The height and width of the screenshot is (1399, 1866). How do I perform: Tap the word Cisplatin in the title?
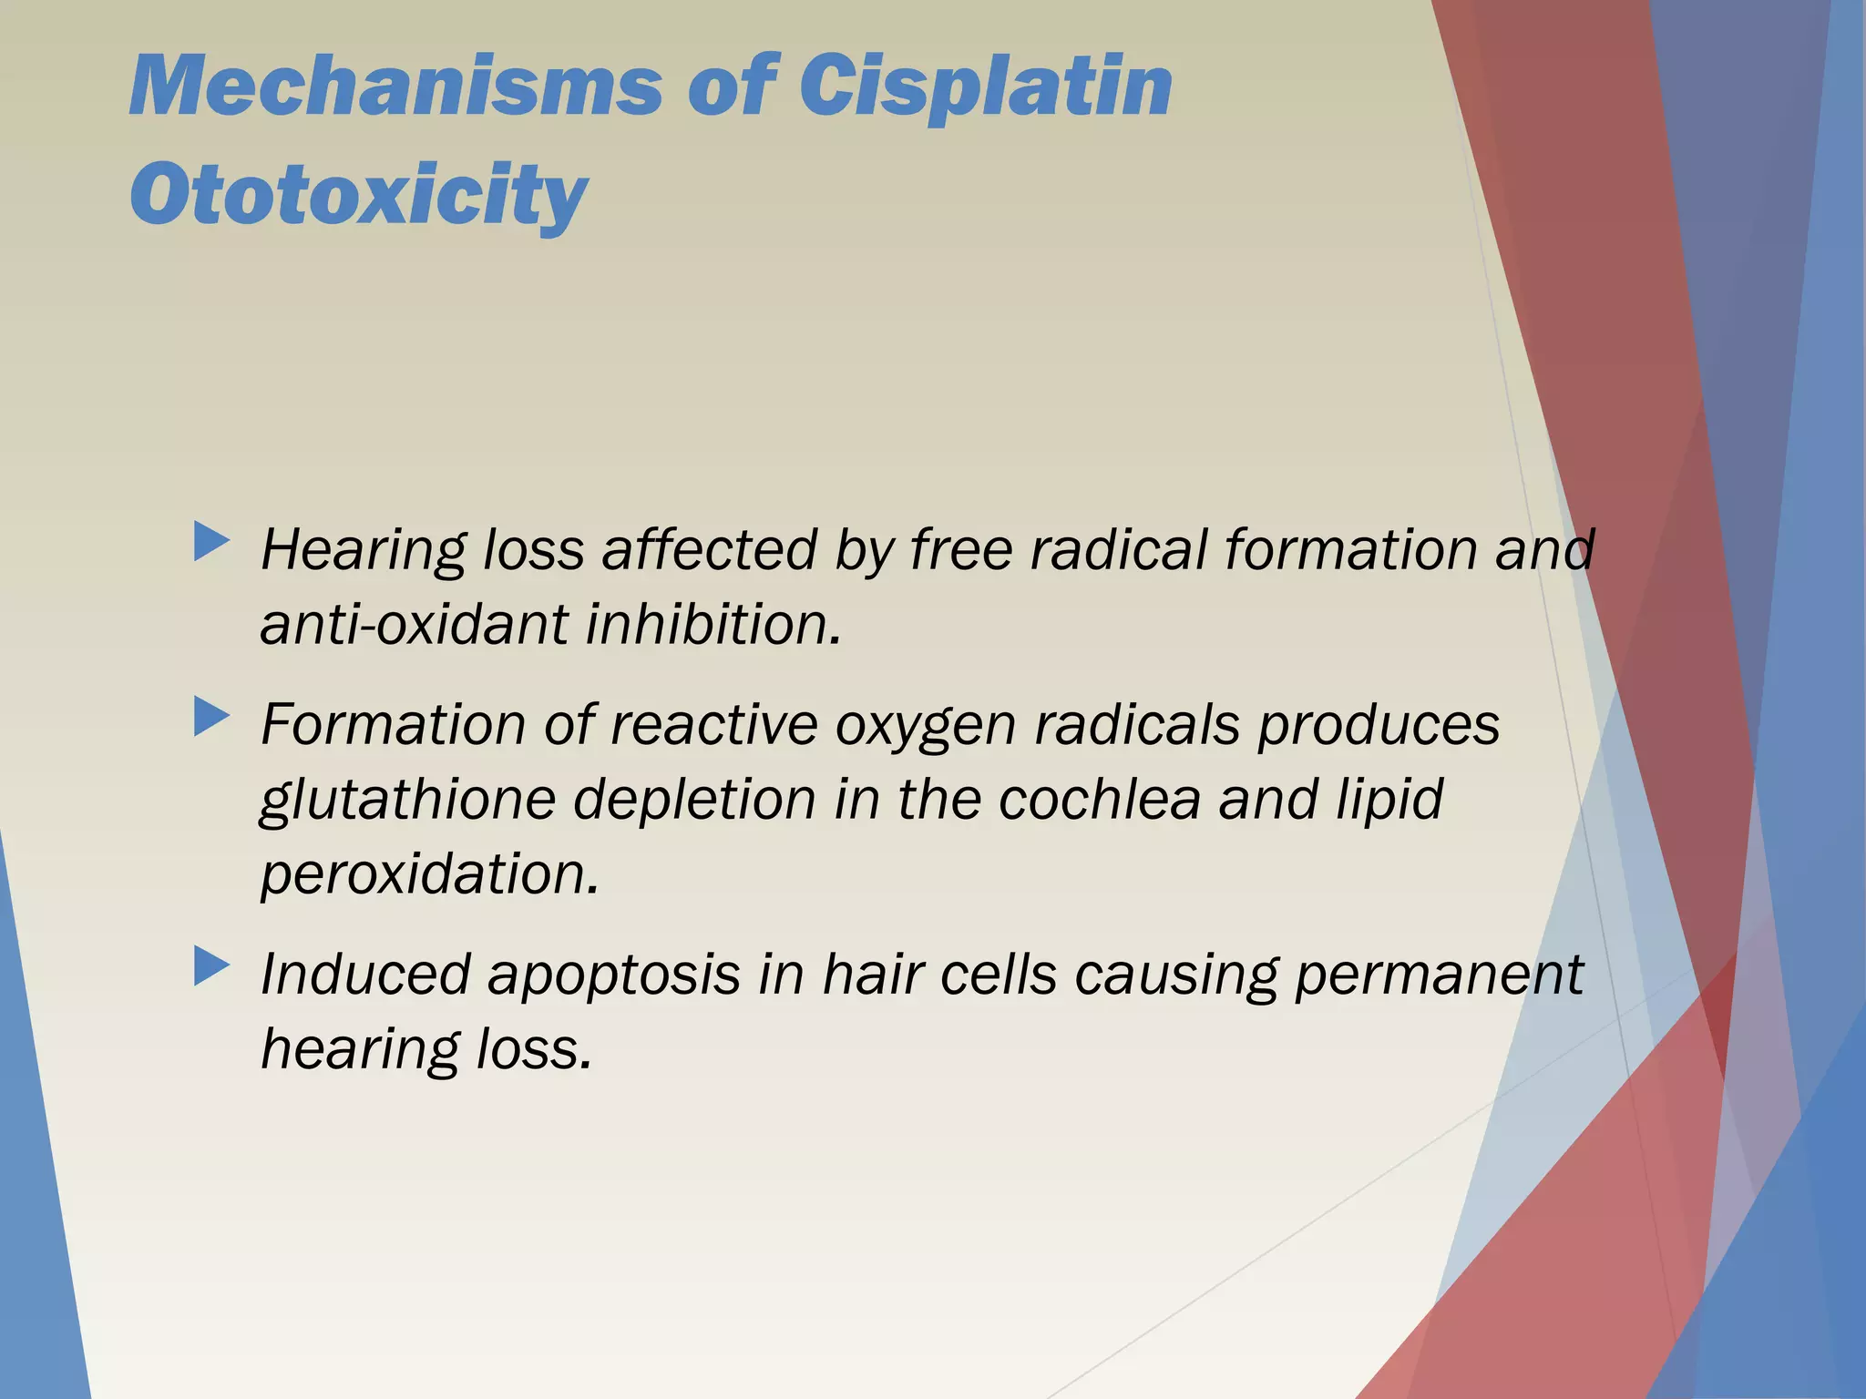985,87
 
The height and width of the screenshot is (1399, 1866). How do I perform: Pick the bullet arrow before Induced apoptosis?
211,966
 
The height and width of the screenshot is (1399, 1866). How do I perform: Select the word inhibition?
713,625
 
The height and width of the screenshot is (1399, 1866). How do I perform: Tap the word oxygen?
925,727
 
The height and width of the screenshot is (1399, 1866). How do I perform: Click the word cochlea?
1099,800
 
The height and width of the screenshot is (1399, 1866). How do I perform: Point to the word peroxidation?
430,874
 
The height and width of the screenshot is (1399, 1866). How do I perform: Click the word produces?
1378,727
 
